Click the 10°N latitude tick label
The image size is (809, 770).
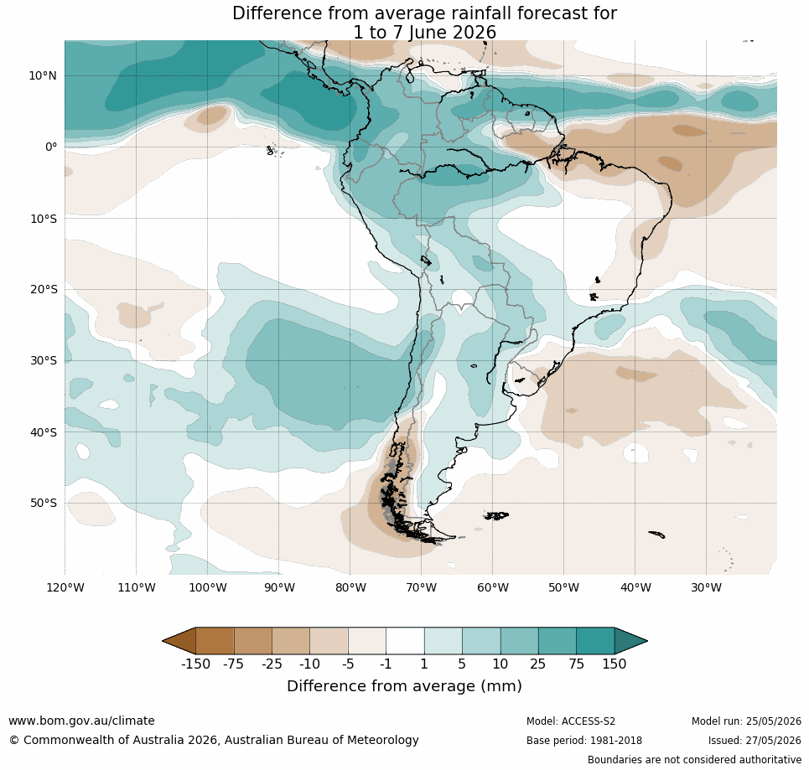pyautogui.click(x=43, y=75)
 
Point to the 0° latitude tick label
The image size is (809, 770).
pyautogui.click(x=51, y=147)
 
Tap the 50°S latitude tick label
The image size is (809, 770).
pyautogui.click(x=44, y=503)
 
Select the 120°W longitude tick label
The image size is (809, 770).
pyautogui.click(x=65, y=587)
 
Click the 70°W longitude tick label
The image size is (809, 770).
pyautogui.click(x=421, y=587)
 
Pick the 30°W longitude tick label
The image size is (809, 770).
pyautogui.click(x=707, y=587)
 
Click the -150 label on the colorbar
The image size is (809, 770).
pyautogui.click(x=195, y=664)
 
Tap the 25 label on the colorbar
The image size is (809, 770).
pyautogui.click(x=537, y=664)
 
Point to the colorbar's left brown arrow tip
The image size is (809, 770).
pyautogui.click(x=163, y=641)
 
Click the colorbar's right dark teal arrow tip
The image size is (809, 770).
pyautogui.click(x=647, y=641)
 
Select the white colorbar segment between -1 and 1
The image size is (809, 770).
pyautogui.click(x=405, y=641)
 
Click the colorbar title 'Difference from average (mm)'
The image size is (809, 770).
pyautogui.click(x=404, y=686)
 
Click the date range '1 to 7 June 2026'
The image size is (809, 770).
pyautogui.click(x=424, y=33)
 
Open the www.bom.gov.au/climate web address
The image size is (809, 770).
pyautogui.click(x=81, y=721)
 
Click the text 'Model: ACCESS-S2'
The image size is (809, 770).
pyautogui.click(x=571, y=721)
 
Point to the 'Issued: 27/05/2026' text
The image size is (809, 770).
pyautogui.click(x=755, y=741)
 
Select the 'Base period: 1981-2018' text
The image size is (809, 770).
pyautogui.click(x=584, y=741)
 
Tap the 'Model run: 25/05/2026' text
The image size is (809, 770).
pyautogui.click(x=746, y=721)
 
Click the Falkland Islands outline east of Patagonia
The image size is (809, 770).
pyautogui.click(x=496, y=515)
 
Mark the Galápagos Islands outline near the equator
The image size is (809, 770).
pyautogui.click(x=272, y=151)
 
